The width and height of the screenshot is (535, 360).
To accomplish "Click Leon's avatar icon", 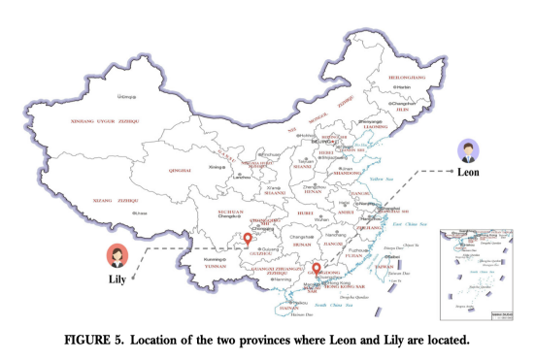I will click(470, 150).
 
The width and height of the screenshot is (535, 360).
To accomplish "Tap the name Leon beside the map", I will click(470, 172).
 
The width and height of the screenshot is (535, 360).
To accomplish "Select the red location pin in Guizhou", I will click(248, 238).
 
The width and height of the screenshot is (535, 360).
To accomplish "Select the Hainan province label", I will click(288, 307).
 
